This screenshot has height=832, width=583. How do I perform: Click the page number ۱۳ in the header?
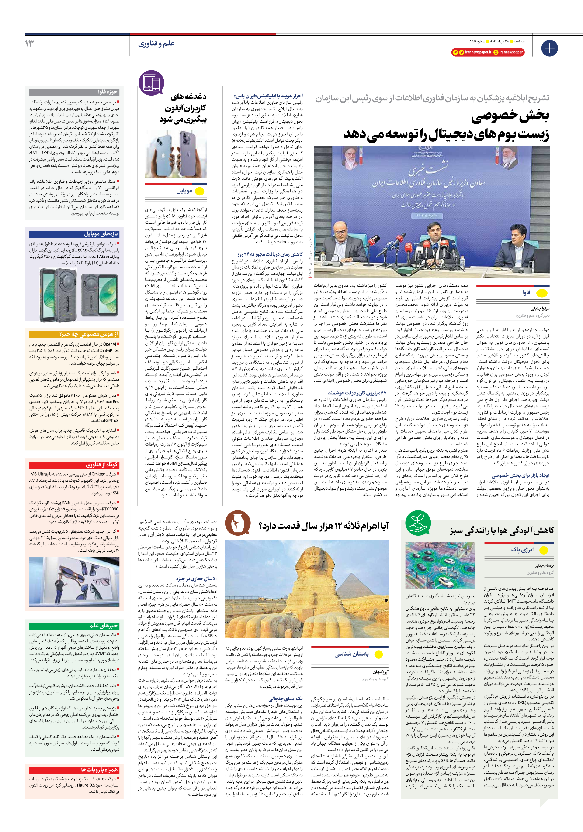[x=30, y=43]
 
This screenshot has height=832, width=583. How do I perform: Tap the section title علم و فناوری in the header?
[x=156, y=44]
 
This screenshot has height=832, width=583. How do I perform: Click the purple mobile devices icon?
[x=151, y=83]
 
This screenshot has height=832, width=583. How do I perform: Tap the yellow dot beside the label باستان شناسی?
[x=378, y=654]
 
